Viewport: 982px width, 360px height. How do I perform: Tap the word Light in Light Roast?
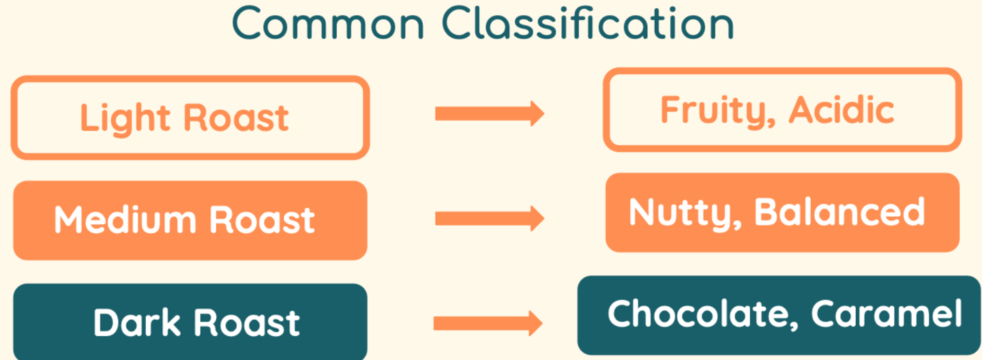127,118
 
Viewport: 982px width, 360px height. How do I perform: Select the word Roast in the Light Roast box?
237,118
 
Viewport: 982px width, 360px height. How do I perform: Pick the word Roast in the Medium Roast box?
262,220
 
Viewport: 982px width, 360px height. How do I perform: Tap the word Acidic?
842,110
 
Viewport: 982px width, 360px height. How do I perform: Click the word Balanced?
839,212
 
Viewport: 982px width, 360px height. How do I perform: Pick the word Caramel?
887,314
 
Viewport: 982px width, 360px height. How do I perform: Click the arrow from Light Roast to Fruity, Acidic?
489,113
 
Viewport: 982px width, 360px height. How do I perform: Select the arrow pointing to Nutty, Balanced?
489,218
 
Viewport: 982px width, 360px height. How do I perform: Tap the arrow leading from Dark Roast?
488,322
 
